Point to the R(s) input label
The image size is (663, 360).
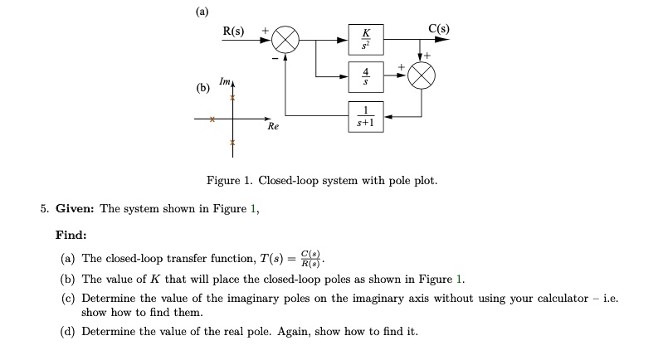(x=233, y=32)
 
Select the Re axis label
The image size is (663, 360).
(x=273, y=128)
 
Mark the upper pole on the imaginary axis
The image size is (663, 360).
(x=233, y=99)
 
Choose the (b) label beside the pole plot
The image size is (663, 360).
(x=202, y=87)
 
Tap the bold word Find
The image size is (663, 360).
(x=71, y=236)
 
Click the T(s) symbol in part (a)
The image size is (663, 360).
(x=270, y=258)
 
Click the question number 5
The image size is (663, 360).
(x=44, y=209)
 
